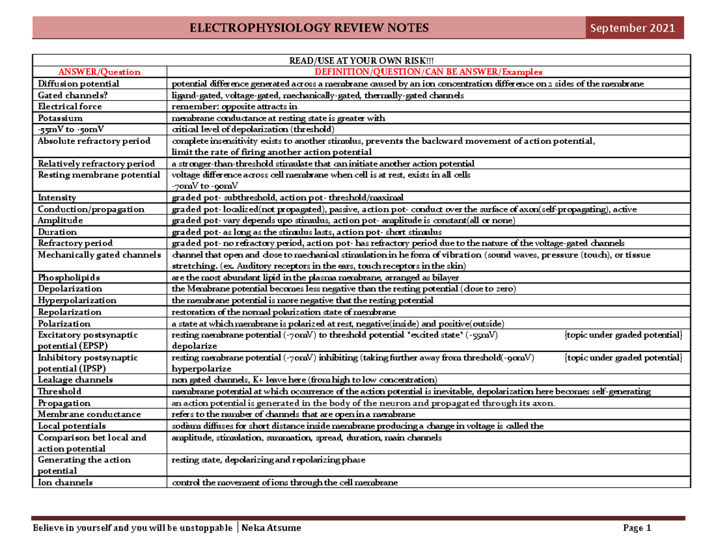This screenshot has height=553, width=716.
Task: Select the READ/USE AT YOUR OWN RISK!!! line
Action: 361,60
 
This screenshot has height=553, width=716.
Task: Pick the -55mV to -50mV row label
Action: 70,129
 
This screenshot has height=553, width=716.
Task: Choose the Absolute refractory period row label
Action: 93,141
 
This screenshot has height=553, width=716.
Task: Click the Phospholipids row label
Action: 69,277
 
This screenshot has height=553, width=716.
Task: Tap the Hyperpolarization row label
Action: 77,300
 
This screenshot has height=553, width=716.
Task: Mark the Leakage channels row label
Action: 75,379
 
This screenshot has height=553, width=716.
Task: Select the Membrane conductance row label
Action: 89,414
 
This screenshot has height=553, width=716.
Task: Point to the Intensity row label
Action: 57,197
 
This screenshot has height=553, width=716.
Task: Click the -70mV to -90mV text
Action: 197,186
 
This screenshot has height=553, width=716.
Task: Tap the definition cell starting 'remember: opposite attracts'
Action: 227,107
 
